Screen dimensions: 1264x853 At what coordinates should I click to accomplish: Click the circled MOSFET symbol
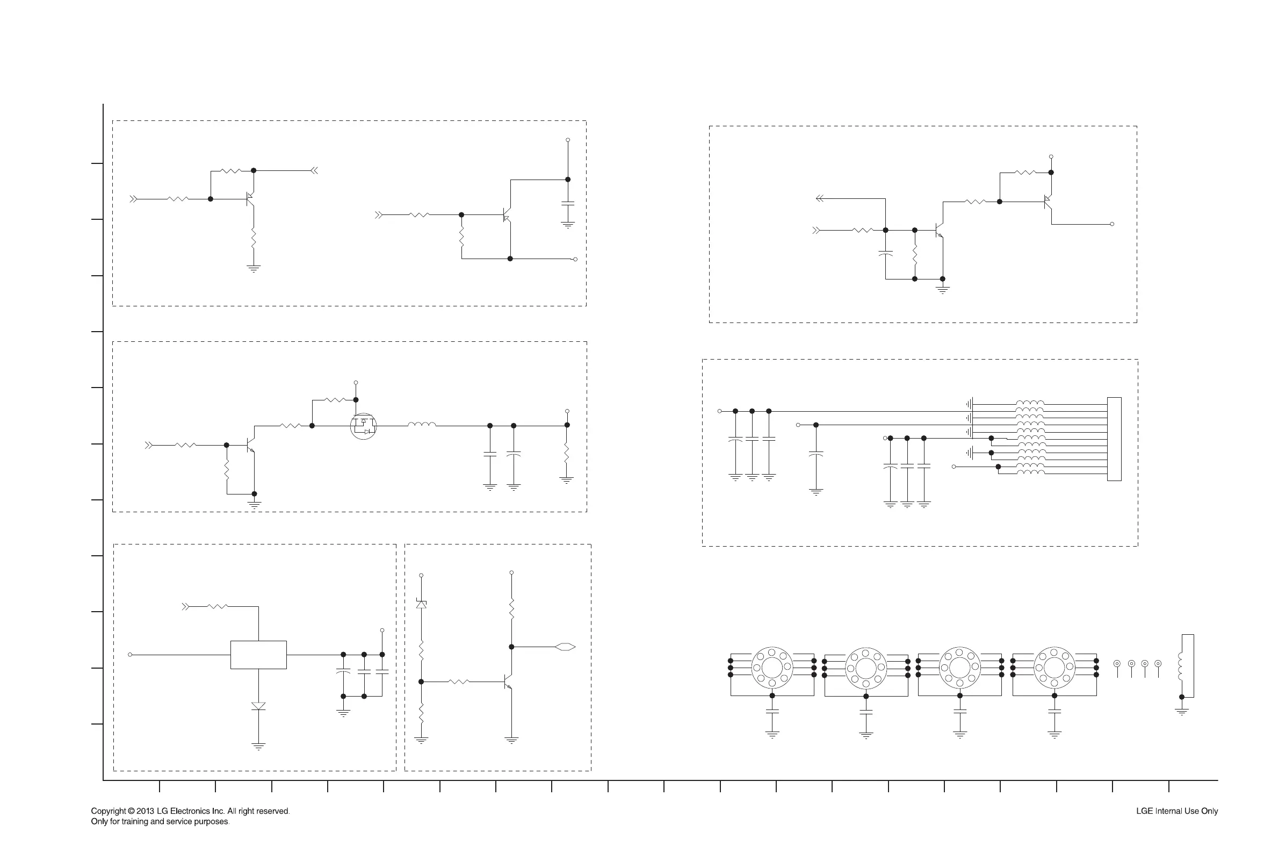(x=363, y=426)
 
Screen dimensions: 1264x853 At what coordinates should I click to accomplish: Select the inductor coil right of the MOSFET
(x=421, y=424)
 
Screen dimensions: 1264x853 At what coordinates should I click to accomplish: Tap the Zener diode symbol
(x=421, y=603)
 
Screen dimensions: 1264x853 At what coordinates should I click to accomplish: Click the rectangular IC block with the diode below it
(x=258, y=655)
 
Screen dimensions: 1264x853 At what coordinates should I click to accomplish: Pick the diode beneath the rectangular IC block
(x=258, y=706)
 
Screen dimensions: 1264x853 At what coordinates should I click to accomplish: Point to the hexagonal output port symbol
(x=565, y=647)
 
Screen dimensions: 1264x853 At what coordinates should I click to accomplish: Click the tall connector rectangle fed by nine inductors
(x=1114, y=439)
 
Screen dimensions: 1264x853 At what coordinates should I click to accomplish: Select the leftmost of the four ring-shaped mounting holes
(x=772, y=668)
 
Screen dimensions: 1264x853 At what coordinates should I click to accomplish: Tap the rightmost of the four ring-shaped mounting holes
(x=1054, y=668)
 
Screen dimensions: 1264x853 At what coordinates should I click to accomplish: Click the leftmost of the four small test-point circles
(x=1117, y=664)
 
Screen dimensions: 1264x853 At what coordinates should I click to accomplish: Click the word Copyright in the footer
(x=108, y=811)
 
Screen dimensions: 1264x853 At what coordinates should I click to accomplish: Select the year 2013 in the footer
(x=145, y=811)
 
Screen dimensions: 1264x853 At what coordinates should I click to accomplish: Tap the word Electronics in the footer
(x=191, y=811)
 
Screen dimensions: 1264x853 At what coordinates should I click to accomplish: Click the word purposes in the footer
(x=212, y=821)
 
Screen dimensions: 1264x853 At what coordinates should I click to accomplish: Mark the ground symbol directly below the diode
(x=258, y=747)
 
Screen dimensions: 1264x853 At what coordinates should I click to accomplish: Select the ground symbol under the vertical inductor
(x=1181, y=712)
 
